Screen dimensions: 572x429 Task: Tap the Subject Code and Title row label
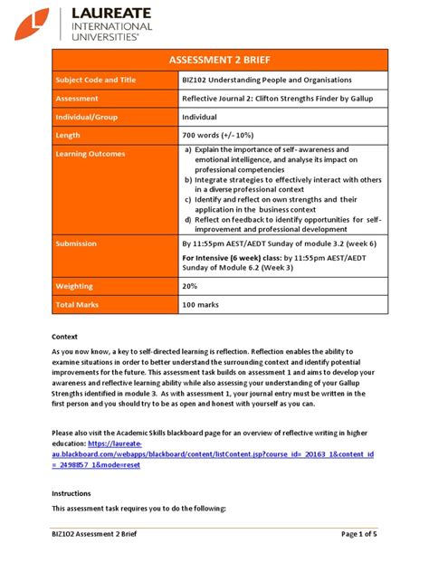pyautogui.click(x=95, y=81)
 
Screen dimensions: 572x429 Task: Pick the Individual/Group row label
pyautogui.click(x=91, y=117)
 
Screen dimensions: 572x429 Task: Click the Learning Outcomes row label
pyautogui.click(x=91, y=154)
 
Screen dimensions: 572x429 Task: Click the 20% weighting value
pyautogui.click(x=189, y=287)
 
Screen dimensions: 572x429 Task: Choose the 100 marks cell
pyautogui.click(x=202, y=306)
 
